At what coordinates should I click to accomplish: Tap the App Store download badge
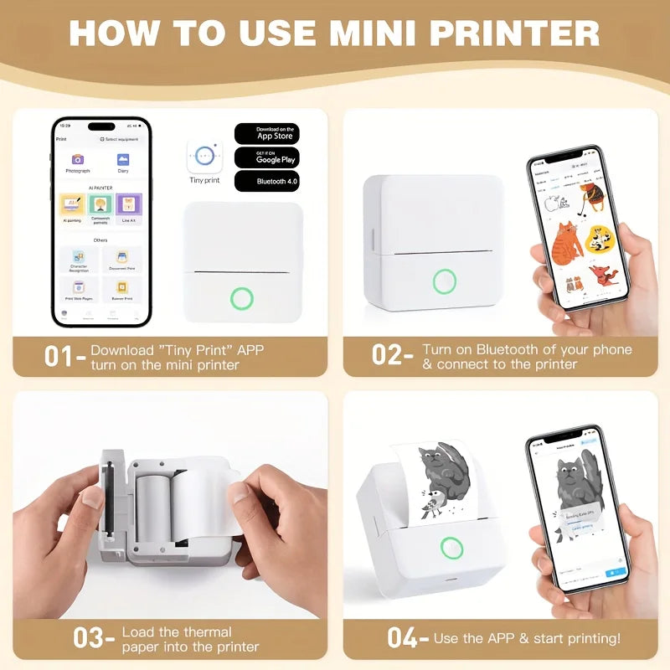coord(266,134)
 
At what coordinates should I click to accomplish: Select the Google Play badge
coord(266,157)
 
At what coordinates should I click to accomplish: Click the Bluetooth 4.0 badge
coord(266,181)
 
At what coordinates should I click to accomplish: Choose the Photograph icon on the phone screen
coord(77,159)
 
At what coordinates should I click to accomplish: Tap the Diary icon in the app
coord(123,159)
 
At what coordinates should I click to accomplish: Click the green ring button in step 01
coord(243,298)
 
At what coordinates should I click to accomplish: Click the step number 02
coord(389,355)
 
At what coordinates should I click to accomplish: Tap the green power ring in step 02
coord(445,281)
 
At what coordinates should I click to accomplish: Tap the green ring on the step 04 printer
coord(453,549)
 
